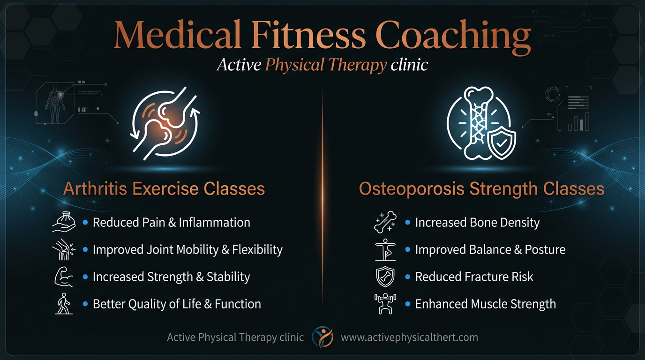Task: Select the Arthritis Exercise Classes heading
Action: pos(164,189)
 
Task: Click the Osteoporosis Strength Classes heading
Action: pos(481,189)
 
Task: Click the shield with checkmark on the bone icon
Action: pos(501,142)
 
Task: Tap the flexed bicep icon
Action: pos(64,277)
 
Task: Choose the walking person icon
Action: pos(63,304)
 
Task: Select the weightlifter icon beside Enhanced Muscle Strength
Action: pos(385,304)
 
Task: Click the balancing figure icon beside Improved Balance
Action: pos(385,249)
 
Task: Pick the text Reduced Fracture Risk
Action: pos(474,277)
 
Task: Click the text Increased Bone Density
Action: pos(477,223)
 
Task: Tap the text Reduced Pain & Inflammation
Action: pos(171,223)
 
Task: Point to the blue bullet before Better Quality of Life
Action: pos(85,304)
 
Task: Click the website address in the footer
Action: pos(409,337)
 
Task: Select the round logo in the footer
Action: pos(322,337)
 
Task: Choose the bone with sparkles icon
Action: pos(385,222)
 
